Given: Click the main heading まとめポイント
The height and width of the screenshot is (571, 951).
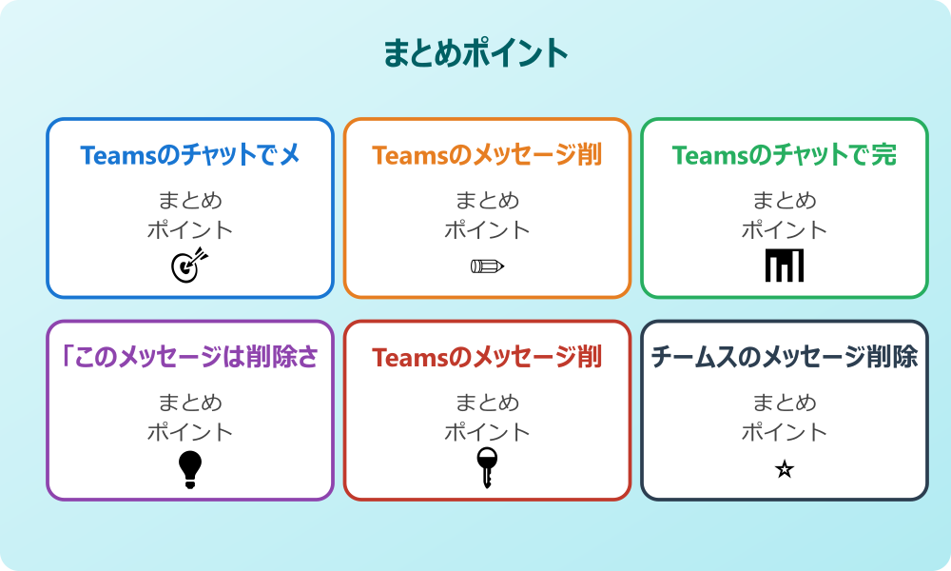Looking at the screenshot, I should (x=475, y=53).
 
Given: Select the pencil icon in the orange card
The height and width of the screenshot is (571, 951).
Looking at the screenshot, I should (x=487, y=266).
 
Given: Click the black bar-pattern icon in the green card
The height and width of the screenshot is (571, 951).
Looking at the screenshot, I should (x=785, y=266).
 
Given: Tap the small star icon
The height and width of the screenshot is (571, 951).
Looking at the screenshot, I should (x=785, y=469).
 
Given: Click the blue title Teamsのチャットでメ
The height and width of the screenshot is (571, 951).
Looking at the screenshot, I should (x=190, y=155).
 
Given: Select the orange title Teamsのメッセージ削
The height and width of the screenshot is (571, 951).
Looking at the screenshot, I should (x=487, y=155).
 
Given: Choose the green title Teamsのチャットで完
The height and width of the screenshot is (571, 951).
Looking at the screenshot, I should (x=785, y=155).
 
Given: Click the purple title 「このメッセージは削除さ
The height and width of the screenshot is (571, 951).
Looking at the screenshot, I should (x=190, y=358).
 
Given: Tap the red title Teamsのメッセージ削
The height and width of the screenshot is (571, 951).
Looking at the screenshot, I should (x=487, y=358).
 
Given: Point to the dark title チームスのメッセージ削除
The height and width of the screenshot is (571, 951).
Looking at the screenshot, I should (x=785, y=358).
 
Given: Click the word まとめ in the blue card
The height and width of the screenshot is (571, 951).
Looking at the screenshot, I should (x=190, y=201).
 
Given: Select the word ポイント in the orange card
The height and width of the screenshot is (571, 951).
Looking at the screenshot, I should (x=487, y=229).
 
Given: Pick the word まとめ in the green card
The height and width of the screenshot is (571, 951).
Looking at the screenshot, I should (x=785, y=201).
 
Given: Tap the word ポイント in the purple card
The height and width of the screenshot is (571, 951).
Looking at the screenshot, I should (x=190, y=432).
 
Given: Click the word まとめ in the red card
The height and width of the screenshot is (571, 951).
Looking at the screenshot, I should (x=487, y=404).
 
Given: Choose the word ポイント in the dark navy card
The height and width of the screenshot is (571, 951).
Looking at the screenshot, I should (x=785, y=432).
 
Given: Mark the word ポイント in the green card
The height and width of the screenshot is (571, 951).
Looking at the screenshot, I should (x=785, y=229).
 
